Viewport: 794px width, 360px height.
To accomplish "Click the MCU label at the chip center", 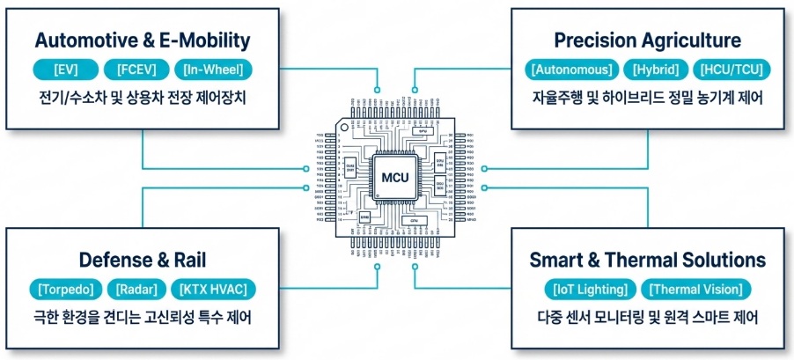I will [396, 178].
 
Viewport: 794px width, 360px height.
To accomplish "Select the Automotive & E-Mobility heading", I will [142, 40].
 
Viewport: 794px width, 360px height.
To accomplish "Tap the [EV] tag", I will [62, 69].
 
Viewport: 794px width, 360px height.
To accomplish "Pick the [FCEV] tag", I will [130, 69].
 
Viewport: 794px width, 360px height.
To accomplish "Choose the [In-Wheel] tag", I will [214, 69].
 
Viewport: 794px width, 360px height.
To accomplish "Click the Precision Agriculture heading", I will [647, 40].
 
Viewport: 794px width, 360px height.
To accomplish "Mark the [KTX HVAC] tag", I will [214, 288].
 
